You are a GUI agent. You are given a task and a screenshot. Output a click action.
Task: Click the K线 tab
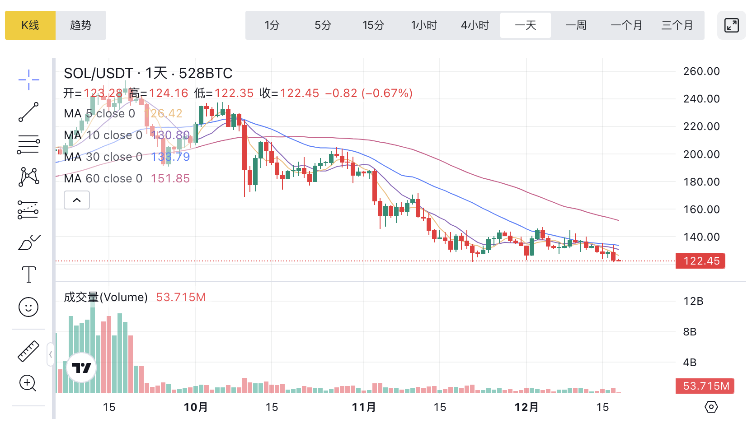(x=30, y=25)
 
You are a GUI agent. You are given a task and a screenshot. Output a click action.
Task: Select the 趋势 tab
(x=81, y=25)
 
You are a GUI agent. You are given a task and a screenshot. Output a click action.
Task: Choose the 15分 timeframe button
(x=373, y=25)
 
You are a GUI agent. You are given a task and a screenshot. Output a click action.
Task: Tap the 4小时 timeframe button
(x=475, y=25)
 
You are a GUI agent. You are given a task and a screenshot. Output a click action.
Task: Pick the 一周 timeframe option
(x=576, y=25)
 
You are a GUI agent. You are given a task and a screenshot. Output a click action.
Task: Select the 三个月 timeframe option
(x=677, y=25)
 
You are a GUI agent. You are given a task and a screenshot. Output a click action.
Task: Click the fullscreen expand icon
(x=731, y=25)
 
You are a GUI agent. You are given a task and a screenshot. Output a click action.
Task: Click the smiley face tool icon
(x=28, y=307)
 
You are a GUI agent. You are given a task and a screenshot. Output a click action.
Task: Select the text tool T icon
(x=28, y=274)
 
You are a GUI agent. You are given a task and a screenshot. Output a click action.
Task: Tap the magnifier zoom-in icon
(x=28, y=383)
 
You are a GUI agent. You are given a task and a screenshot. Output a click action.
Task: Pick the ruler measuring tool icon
(x=28, y=351)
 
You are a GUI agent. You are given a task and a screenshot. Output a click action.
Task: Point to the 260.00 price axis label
(x=701, y=71)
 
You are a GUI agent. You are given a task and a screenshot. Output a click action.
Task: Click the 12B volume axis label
(x=693, y=301)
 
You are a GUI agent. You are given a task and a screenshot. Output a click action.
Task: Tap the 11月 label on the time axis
(x=364, y=407)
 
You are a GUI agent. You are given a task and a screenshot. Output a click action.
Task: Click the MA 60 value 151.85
(x=170, y=178)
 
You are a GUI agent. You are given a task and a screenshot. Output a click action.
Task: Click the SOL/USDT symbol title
(x=99, y=73)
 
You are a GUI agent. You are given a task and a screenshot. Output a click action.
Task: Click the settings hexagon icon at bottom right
(x=711, y=407)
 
